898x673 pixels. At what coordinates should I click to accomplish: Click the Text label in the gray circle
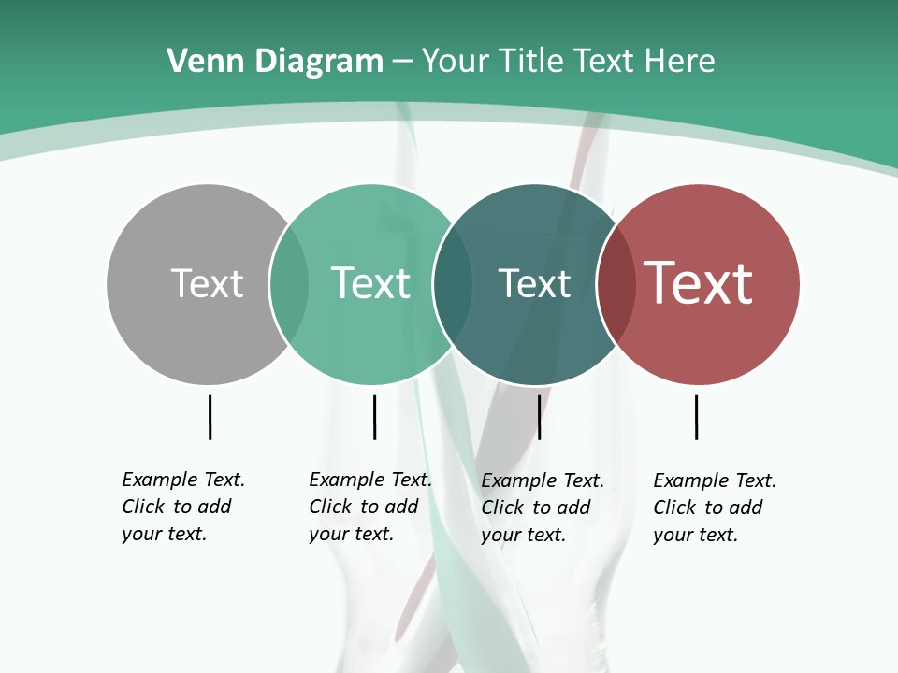(207, 283)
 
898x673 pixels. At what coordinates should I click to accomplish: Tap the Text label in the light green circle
(370, 283)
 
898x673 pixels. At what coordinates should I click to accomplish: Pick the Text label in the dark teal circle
(534, 283)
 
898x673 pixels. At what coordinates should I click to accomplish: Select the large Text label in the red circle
(699, 283)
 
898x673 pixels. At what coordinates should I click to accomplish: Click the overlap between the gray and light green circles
(289, 283)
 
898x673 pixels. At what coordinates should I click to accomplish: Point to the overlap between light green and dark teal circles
(453, 283)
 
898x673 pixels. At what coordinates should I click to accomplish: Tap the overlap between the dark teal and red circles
(616, 283)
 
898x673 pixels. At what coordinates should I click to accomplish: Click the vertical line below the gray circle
(210, 417)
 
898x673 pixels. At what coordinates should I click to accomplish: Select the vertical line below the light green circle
(374, 417)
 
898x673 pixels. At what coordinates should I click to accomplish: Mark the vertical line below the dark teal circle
(539, 417)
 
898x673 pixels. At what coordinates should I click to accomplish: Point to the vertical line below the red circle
(696, 417)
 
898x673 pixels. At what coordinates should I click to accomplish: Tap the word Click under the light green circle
(329, 507)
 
